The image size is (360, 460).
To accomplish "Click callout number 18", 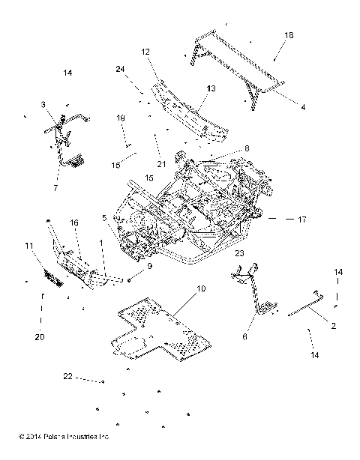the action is point(289,35).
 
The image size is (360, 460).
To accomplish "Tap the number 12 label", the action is point(145,52).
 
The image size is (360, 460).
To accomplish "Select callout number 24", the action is point(120,69).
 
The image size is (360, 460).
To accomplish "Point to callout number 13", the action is point(211,88).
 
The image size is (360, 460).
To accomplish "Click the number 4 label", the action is point(303,107).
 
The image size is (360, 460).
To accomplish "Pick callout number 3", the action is point(43,104).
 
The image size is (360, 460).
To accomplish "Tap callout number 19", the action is point(121,118).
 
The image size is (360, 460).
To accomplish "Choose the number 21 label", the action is point(161,164).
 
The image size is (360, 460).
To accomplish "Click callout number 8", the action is point(247,148).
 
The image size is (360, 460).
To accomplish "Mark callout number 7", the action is point(55,188).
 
